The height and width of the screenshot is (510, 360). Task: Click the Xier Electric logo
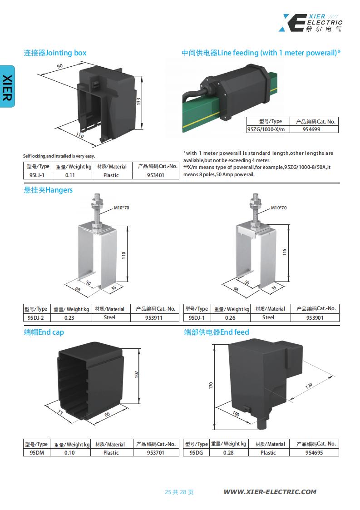click(310, 23)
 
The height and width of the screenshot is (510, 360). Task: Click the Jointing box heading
click(55, 53)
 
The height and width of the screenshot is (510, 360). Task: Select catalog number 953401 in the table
click(155, 175)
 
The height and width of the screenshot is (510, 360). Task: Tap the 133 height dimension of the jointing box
click(138, 101)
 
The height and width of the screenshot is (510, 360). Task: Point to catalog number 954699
click(311, 129)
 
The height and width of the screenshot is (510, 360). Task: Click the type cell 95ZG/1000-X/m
click(266, 129)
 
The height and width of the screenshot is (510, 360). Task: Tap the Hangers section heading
click(48, 190)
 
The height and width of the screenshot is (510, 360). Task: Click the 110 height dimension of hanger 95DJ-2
click(123, 255)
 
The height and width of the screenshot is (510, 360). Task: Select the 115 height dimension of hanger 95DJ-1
click(285, 252)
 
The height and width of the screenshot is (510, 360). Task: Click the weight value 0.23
click(69, 318)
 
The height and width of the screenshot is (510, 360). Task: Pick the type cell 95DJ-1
click(197, 318)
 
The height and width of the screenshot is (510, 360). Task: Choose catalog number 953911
click(154, 318)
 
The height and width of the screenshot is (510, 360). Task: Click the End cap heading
click(44, 332)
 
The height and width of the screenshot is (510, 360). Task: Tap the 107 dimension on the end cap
click(136, 374)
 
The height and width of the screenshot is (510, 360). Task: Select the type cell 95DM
click(37, 452)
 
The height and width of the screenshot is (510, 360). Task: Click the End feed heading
click(217, 332)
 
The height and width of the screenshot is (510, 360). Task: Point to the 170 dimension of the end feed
click(211, 386)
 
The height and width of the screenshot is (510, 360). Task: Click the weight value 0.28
click(228, 452)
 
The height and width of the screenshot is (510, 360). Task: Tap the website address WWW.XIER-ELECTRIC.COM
click(270, 492)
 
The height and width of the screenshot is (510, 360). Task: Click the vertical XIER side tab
click(7, 87)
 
